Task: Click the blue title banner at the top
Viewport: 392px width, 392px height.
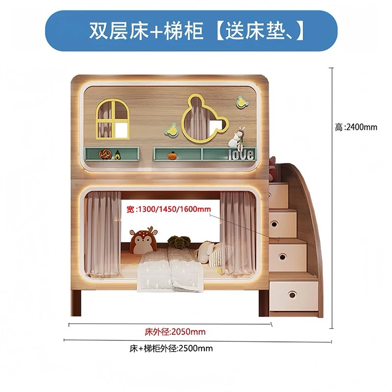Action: tap(196, 30)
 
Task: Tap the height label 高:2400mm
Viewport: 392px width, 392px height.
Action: tap(356, 127)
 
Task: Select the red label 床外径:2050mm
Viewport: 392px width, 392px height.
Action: tap(175, 332)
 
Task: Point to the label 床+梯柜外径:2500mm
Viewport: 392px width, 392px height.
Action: tap(171, 349)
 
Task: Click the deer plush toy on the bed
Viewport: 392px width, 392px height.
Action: tap(143, 241)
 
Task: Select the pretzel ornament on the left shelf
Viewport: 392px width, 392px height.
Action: tap(104, 154)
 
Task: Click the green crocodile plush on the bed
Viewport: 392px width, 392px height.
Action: tap(177, 242)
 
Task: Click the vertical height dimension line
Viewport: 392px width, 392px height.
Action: tap(333, 196)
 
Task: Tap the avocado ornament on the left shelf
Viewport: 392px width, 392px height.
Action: tap(118, 155)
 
